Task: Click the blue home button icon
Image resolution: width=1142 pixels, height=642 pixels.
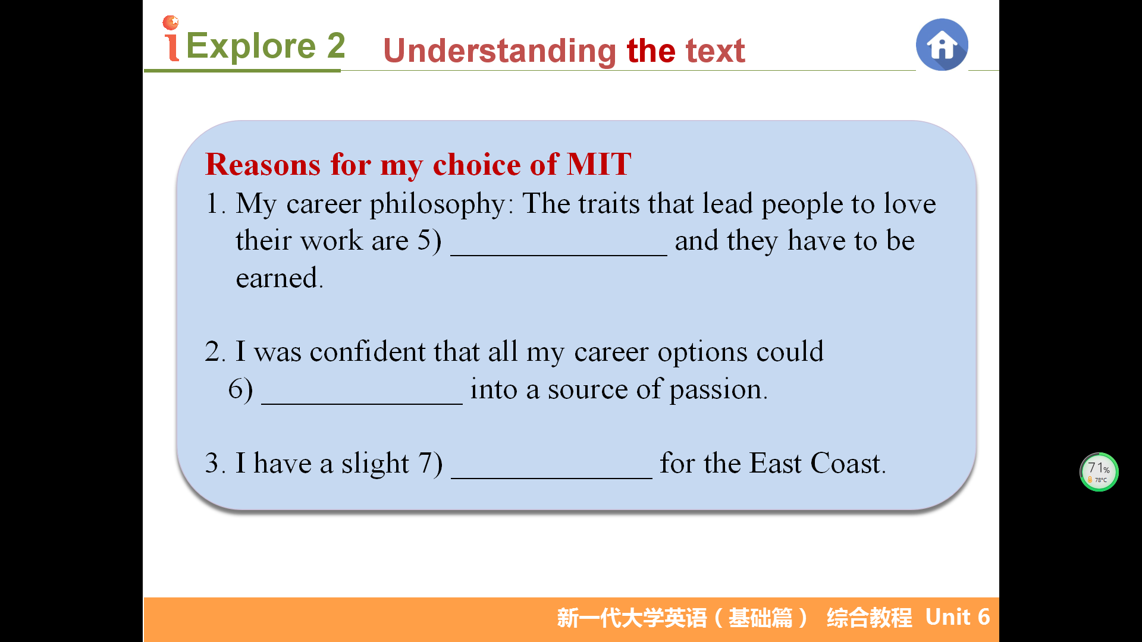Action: tap(942, 45)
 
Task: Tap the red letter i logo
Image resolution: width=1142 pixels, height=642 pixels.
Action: tap(171, 38)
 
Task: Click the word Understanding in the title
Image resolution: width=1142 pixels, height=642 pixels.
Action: tap(500, 51)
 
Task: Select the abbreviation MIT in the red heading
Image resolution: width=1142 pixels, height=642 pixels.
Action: tap(599, 164)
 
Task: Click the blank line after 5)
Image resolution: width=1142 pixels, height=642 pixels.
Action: tap(559, 255)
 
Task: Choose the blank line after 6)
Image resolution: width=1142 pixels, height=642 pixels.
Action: tap(362, 404)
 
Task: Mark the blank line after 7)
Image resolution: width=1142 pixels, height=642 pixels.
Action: tap(551, 478)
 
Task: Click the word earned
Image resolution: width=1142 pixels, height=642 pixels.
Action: tap(280, 278)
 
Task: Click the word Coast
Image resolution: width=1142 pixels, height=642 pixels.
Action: tap(848, 463)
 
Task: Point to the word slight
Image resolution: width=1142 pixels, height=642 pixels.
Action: tap(375, 464)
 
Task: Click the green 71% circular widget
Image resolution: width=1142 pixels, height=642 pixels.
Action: tap(1099, 472)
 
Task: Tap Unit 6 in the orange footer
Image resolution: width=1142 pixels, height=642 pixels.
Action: tap(958, 617)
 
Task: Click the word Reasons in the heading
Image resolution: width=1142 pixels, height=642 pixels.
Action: tap(263, 164)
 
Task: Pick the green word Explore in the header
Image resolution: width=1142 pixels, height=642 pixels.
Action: tap(251, 45)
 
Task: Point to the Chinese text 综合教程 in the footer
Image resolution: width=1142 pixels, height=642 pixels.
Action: tap(869, 618)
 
